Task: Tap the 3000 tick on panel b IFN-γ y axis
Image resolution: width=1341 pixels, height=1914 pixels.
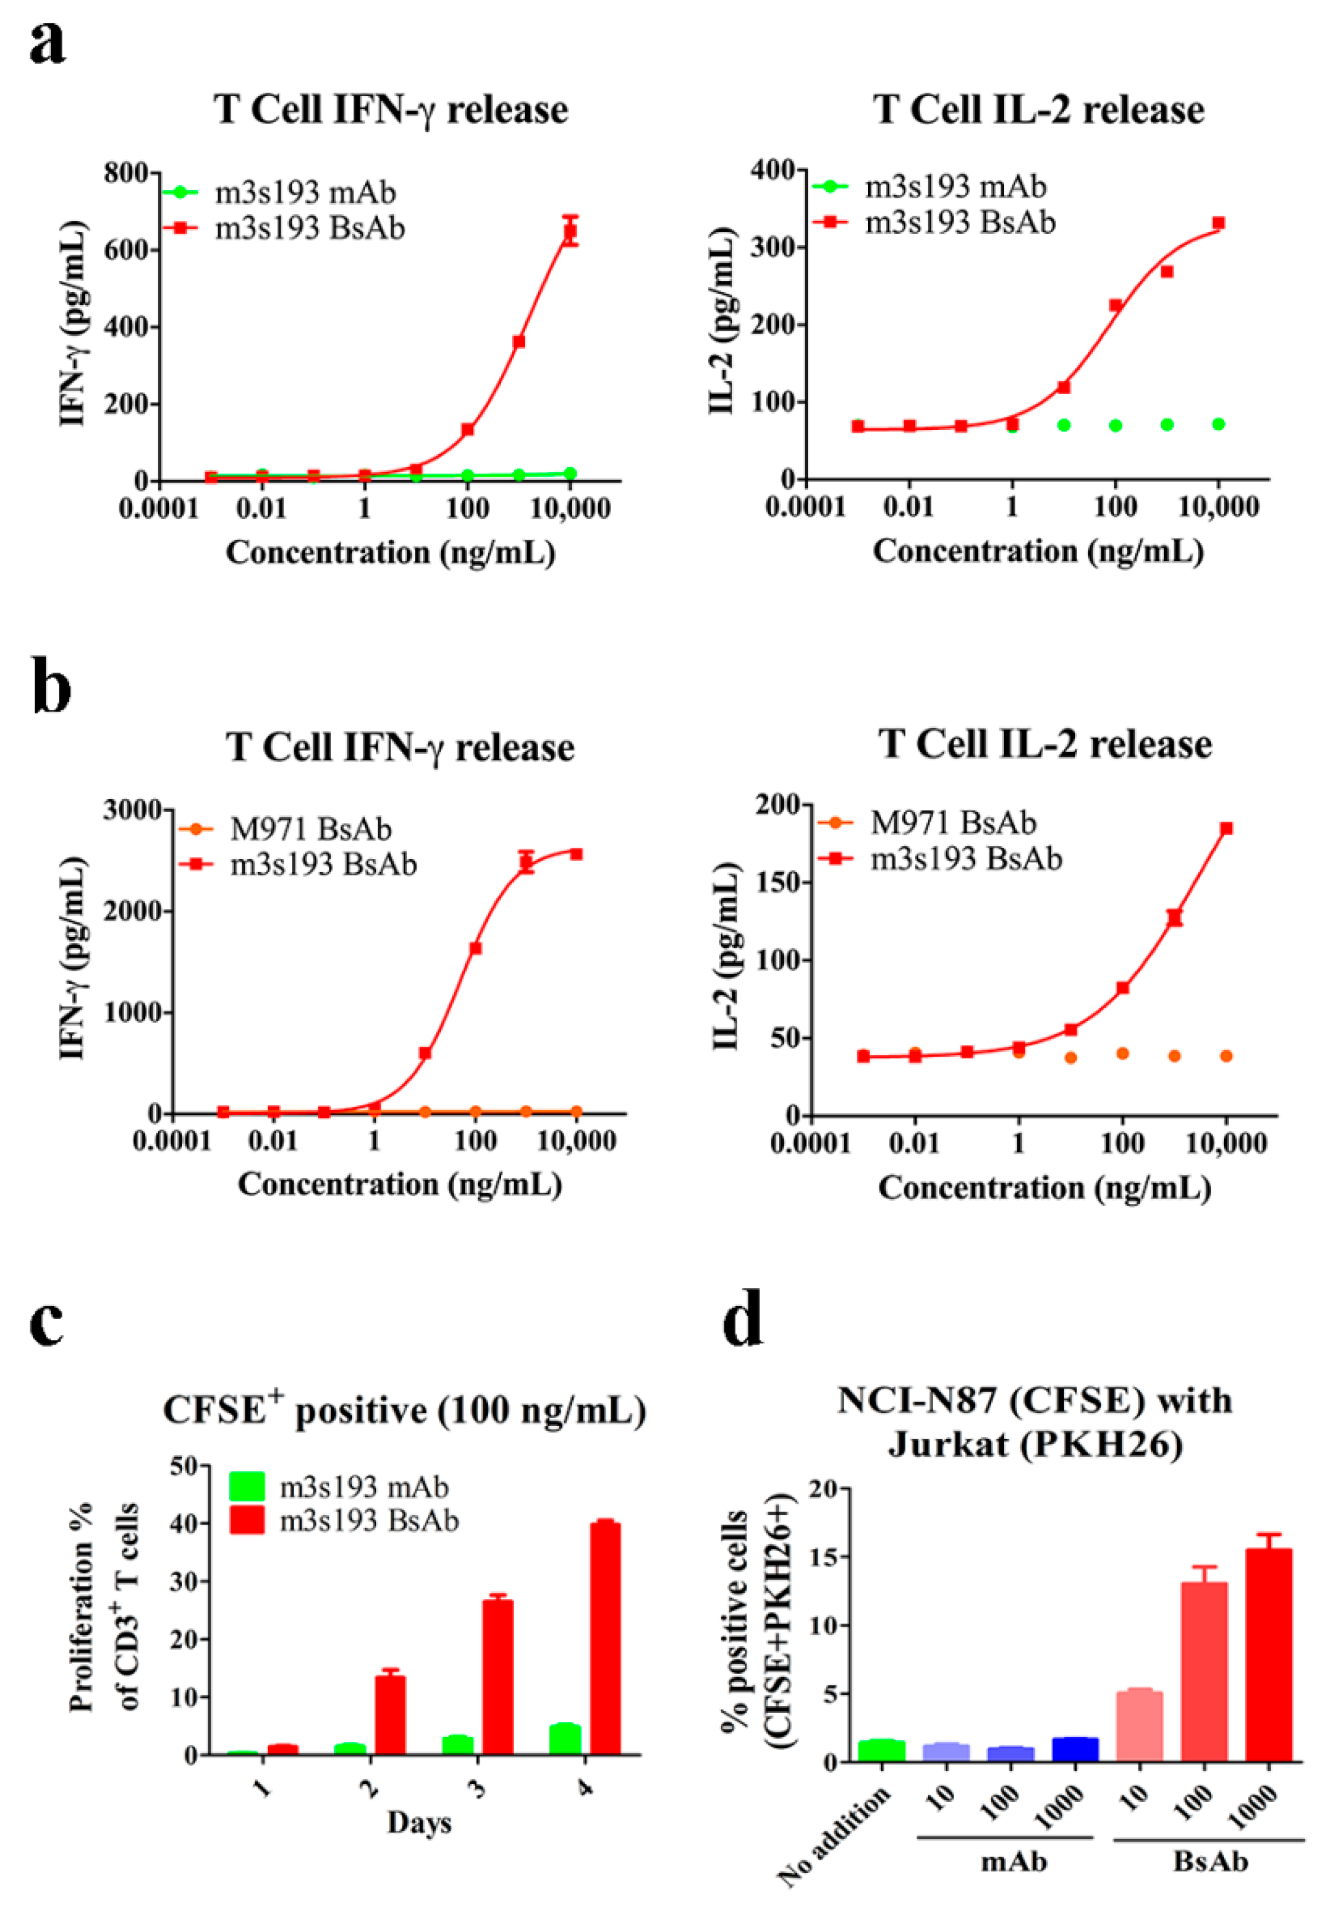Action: [132, 809]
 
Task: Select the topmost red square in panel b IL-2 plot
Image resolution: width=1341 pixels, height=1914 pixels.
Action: [1226, 828]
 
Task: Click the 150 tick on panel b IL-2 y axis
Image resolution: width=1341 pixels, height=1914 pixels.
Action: [778, 882]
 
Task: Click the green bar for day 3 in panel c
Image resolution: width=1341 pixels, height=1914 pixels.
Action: [457, 1745]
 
